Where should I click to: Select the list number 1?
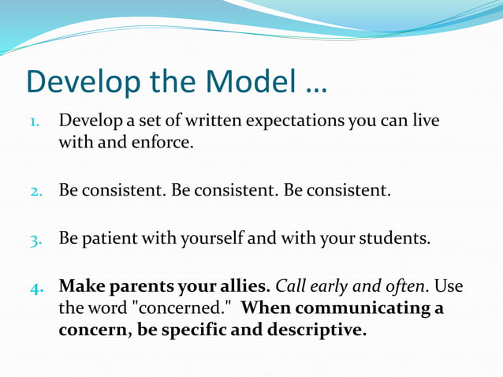[34, 123]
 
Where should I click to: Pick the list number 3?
[35, 240]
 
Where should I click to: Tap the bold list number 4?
[35, 287]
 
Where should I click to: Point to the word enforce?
[166, 144]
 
